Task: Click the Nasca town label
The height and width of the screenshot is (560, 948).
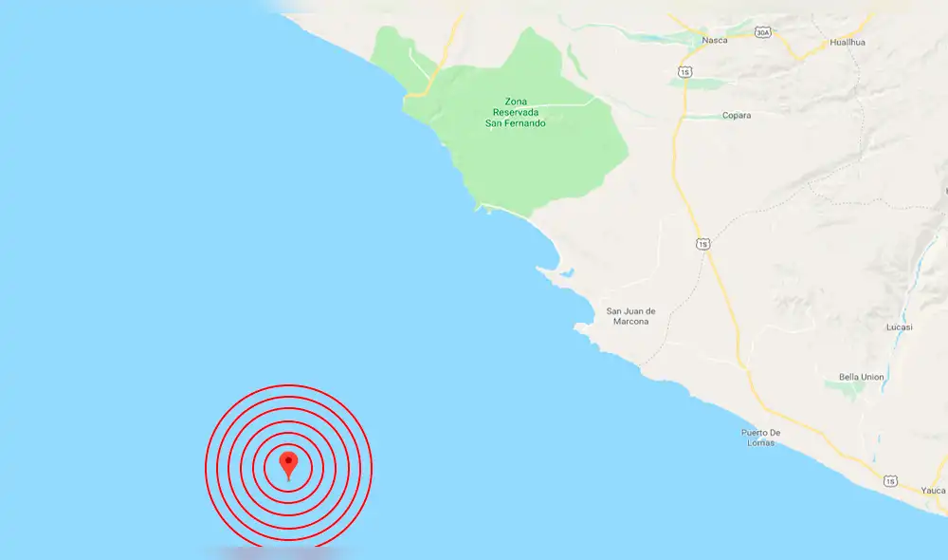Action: pyautogui.click(x=714, y=41)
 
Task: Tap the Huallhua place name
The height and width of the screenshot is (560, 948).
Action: pyautogui.click(x=848, y=43)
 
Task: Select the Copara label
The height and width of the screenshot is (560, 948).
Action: pyautogui.click(x=736, y=116)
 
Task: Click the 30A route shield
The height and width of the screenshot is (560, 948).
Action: pyautogui.click(x=763, y=32)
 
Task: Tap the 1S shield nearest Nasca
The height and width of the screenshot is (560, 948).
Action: pyautogui.click(x=684, y=72)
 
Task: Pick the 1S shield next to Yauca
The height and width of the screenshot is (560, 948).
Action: pyautogui.click(x=890, y=481)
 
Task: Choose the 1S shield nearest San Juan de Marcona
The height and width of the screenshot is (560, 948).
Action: pyautogui.click(x=702, y=244)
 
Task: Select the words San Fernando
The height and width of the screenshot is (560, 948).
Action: pyautogui.click(x=516, y=122)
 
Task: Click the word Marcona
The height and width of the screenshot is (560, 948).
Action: pyautogui.click(x=628, y=322)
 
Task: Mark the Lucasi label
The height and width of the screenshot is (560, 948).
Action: pyautogui.click(x=900, y=327)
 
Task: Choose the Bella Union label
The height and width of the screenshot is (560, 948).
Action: pyautogui.click(x=861, y=377)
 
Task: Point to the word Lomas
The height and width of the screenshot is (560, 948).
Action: pyautogui.click(x=760, y=443)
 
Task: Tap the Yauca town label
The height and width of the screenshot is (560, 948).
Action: pyautogui.click(x=933, y=491)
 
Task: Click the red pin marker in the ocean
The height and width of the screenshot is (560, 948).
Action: pyautogui.click(x=289, y=463)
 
